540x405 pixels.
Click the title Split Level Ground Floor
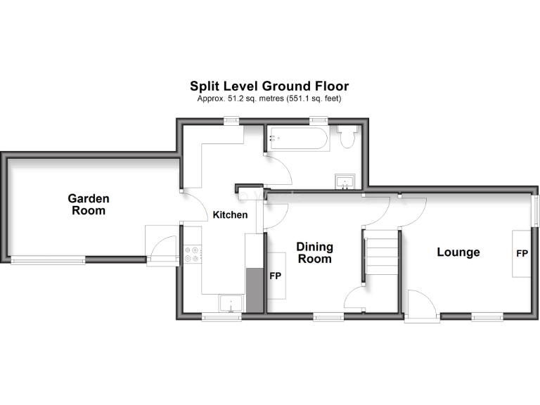(x=269, y=86)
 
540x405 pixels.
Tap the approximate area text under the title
(x=269, y=99)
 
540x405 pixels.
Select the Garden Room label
(x=89, y=204)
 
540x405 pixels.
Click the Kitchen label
(x=231, y=214)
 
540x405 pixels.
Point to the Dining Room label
(x=314, y=252)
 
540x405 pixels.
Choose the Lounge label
(x=458, y=252)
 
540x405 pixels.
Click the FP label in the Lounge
(x=522, y=253)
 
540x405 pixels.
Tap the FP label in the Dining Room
(x=276, y=275)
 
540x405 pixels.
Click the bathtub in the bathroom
(x=297, y=139)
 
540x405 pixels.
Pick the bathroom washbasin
(x=346, y=183)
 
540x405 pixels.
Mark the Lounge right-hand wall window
(x=535, y=212)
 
